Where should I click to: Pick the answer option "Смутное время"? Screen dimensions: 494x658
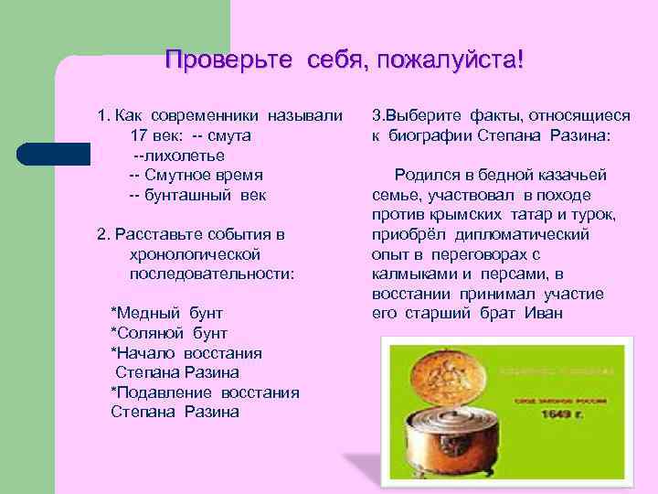click(203, 175)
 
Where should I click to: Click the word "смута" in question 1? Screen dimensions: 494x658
click(230, 135)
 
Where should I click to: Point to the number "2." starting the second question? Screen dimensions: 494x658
click(103, 234)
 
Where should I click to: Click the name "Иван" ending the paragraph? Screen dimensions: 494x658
click(545, 313)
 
